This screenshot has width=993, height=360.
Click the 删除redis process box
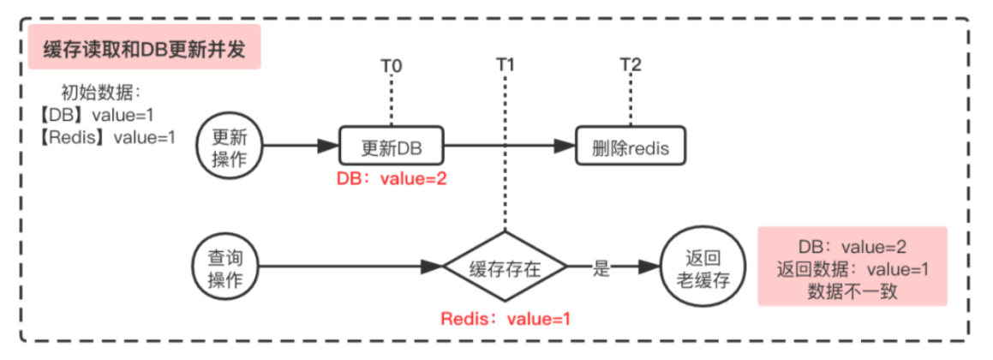(630, 147)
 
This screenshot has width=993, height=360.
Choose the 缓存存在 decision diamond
(505, 267)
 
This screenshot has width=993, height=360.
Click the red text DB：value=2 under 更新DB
(392, 179)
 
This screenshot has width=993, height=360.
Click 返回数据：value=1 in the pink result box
(852, 267)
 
